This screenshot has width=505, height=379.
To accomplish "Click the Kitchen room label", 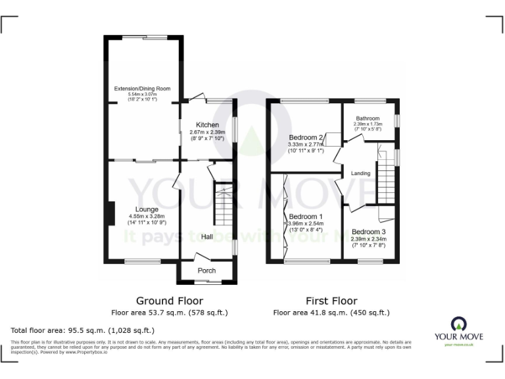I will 207,124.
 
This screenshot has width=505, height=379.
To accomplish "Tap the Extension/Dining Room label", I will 143,88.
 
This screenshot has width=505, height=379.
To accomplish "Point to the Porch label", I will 206,270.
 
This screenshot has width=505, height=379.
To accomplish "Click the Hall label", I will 206,237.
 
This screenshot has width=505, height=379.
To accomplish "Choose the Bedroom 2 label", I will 305,137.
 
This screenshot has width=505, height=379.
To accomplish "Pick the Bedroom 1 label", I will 306,216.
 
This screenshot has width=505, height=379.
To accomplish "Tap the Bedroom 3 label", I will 368,232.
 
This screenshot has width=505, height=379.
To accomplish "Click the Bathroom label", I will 368,118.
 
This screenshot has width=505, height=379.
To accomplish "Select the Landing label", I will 360,174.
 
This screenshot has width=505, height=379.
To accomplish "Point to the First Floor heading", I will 331,300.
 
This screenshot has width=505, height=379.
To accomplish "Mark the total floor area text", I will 82,330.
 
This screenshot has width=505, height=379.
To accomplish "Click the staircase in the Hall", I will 224,205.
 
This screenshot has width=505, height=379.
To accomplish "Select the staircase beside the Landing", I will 387,180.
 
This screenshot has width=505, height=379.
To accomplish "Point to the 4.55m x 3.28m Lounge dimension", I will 147,216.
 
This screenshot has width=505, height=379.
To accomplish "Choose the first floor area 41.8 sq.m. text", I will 331,313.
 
